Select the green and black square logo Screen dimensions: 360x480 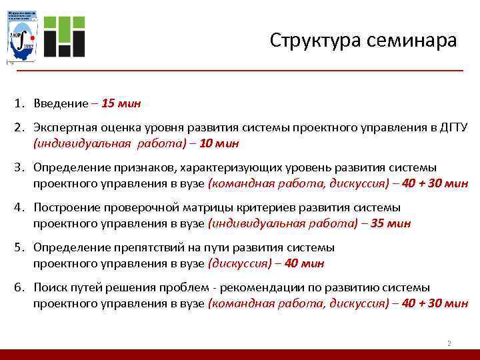(65, 35)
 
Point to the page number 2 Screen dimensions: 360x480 (449, 343)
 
